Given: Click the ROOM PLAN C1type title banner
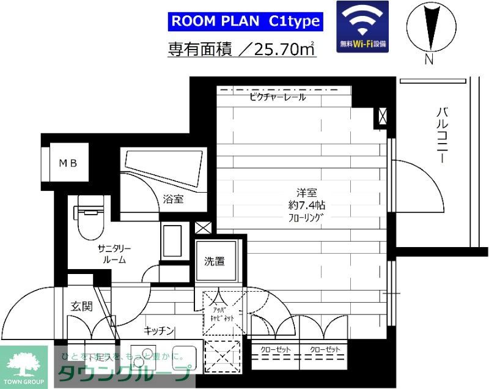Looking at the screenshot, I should [x=244, y=21].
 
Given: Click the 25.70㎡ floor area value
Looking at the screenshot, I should [x=284, y=50].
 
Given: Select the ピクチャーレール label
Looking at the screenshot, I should [x=278, y=97].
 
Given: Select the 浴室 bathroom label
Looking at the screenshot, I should [x=174, y=199].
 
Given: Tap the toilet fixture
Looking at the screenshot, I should [x=89, y=217].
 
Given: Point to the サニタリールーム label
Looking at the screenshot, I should [x=114, y=254].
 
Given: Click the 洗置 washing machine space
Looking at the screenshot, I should [x=214, y=262].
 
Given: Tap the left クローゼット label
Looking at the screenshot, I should [x=275, y=349].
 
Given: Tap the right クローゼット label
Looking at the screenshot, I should [x=325, y=349].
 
